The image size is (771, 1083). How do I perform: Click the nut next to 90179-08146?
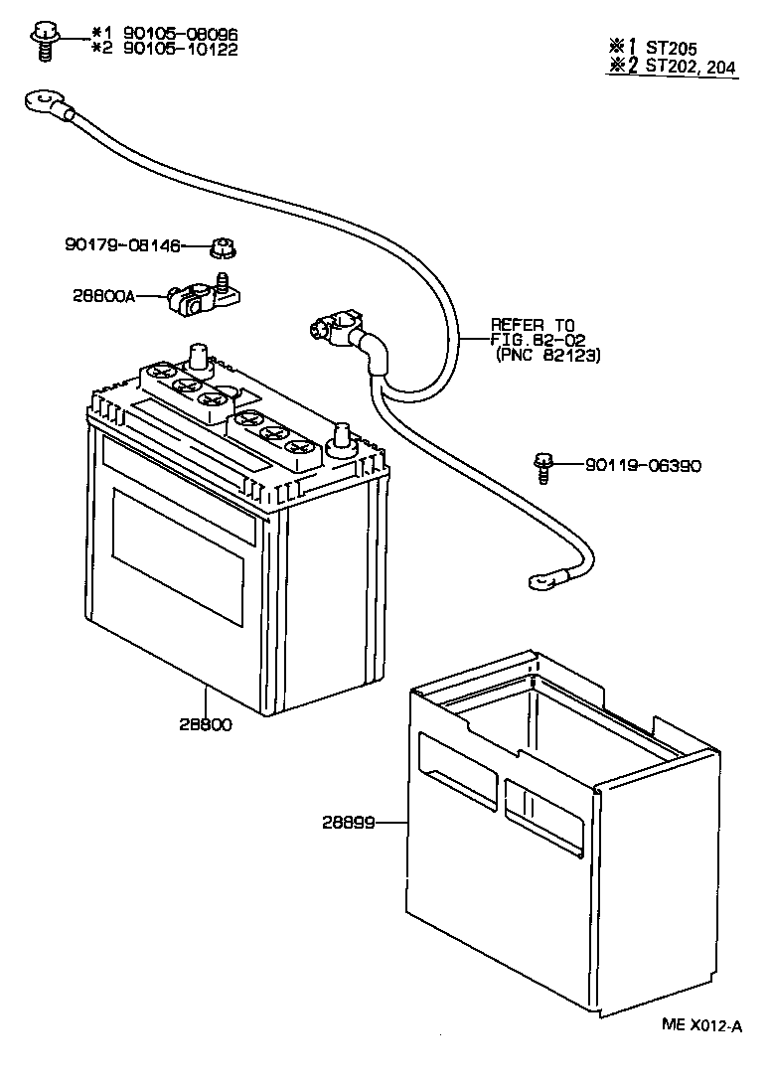pos(225,246)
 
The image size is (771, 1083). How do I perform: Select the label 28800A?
pos(103,295)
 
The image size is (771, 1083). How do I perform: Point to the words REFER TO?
pos(534,324)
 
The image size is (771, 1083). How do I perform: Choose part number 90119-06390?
pos(643,464)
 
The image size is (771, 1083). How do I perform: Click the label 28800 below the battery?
pos(205,724)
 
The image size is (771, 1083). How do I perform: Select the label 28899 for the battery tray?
pos(350,822)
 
